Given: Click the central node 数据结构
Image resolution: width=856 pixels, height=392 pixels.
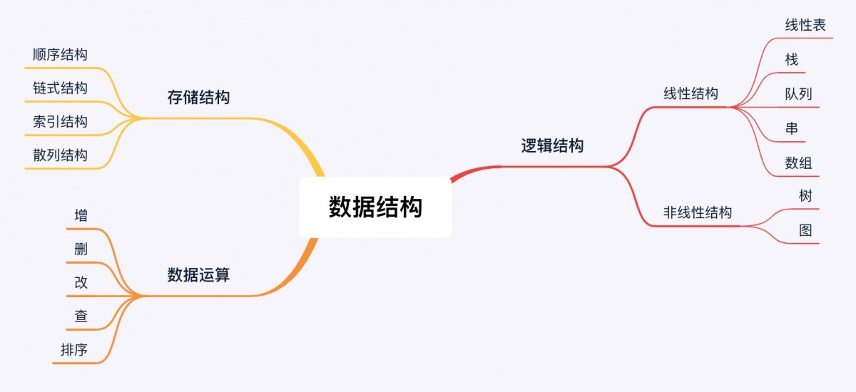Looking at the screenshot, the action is pos(375,207).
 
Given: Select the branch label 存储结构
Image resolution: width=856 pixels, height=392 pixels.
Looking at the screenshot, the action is pos(198,98).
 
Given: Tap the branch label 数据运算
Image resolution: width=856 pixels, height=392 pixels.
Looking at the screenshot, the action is pos(198,274).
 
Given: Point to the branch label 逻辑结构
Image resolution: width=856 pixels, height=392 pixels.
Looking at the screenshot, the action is pos(552,146).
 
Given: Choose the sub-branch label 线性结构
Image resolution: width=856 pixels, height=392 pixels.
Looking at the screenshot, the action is pos(691,93).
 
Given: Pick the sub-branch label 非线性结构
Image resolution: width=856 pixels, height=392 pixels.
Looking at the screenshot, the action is pos(697,212).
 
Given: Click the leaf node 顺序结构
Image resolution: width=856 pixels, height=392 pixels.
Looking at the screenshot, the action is pos(60,54).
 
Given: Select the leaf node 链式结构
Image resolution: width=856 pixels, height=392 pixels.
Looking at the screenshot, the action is pos(60,88).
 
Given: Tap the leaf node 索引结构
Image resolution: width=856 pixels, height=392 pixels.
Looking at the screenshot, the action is pos(60,121).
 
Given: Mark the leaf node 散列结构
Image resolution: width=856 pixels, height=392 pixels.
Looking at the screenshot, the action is pos(60,155).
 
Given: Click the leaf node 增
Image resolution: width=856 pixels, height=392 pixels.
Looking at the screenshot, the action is pos(81,215).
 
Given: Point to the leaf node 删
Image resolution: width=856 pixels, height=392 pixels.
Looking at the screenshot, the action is pos(81,249).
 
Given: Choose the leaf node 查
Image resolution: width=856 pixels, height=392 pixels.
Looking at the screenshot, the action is pos(81,316).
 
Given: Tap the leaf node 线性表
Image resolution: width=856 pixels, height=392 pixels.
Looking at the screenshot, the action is pos(805,26).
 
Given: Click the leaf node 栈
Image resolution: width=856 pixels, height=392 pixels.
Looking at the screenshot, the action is pos(791,59).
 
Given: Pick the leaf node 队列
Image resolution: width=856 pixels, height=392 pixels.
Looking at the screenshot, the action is pos(798,93).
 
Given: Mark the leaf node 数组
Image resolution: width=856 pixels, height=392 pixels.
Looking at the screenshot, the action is pos(798,163).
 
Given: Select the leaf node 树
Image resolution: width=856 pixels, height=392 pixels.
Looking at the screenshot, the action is pos(805,196).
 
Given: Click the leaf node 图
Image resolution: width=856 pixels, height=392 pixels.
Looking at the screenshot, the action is pos(805,230).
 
